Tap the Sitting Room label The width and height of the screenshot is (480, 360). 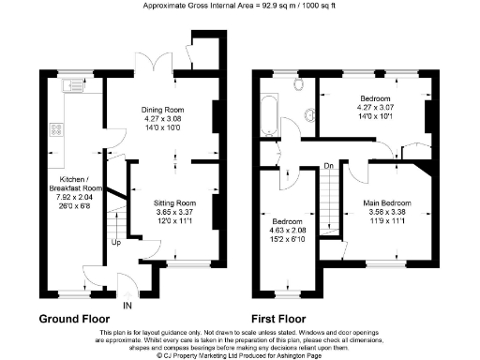click(x=174, y=202)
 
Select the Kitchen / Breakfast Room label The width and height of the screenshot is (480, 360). click(x=72, y=182)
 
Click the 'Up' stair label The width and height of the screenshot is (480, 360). click(x=115, y=243)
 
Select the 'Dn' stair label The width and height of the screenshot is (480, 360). click(x=327, y=167)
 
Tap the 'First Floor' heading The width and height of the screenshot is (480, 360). click(x=284, y=319)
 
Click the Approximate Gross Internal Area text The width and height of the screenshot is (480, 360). click(x=240, y=6)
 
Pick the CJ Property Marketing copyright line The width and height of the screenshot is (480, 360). click(x=240, y=355)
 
